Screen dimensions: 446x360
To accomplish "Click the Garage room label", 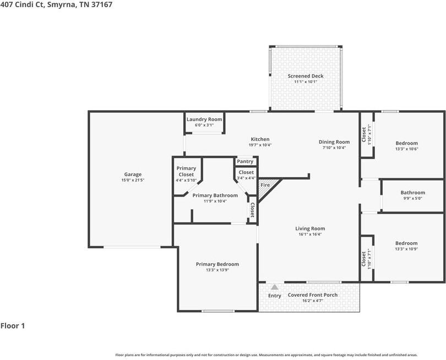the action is [133, 174].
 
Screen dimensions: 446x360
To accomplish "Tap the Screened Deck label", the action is [306, 76].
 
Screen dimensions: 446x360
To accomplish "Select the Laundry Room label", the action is [204, 119].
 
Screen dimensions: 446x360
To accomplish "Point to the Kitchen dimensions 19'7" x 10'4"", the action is [260, 145].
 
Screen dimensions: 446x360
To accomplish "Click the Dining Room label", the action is [334, 142].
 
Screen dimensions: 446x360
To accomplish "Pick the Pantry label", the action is [245, 161].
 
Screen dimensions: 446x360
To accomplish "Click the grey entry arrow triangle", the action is [275, 287].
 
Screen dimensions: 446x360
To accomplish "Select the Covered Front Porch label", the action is [313, 295].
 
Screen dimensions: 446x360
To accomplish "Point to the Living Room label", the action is [310, 228].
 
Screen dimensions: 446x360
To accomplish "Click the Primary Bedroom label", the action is [217, 264].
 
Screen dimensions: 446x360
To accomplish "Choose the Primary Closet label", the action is [186, 171].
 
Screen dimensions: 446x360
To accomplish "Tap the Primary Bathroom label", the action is [215, 195].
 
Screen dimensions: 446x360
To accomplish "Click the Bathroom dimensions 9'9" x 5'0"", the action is [413, 199].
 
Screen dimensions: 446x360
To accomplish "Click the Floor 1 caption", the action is [13, 325].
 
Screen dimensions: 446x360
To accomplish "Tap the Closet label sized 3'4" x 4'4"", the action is [246, 172].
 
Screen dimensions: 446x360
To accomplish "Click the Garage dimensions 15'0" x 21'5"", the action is [133, 180].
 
